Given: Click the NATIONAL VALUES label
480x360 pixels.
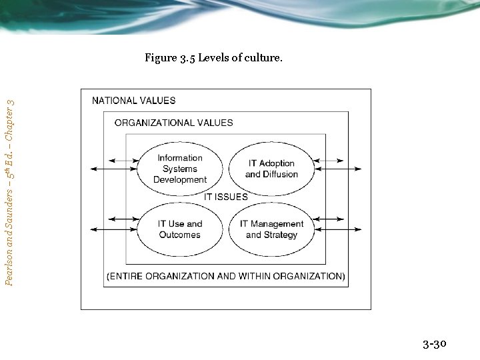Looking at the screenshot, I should [x=134, y=101].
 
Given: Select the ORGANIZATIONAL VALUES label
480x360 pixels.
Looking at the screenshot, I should [x=174, y=123].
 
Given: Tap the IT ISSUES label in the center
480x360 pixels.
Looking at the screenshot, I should [x=225, y=197].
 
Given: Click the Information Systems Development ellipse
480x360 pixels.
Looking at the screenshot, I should [x=179, y=169].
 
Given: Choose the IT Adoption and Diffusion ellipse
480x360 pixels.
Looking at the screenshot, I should [x=271, y=169].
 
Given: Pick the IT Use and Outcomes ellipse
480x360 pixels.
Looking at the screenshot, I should [x=179, y=229].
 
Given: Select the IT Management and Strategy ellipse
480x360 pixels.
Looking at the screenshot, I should [x=271, y=229].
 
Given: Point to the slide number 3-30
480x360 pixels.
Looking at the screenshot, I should [x=434, y=344].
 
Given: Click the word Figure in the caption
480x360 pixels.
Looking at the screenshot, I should [x=161, y=58].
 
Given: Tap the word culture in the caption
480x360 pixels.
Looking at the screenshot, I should [x=264, y=58].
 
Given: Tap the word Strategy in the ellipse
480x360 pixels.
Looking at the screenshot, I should [x=281, y=235].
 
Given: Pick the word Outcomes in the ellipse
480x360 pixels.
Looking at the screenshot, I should [x=179, y=235].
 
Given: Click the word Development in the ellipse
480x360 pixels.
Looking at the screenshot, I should [x=180, y=179].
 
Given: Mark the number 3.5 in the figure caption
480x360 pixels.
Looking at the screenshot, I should [x=188, y=58].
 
